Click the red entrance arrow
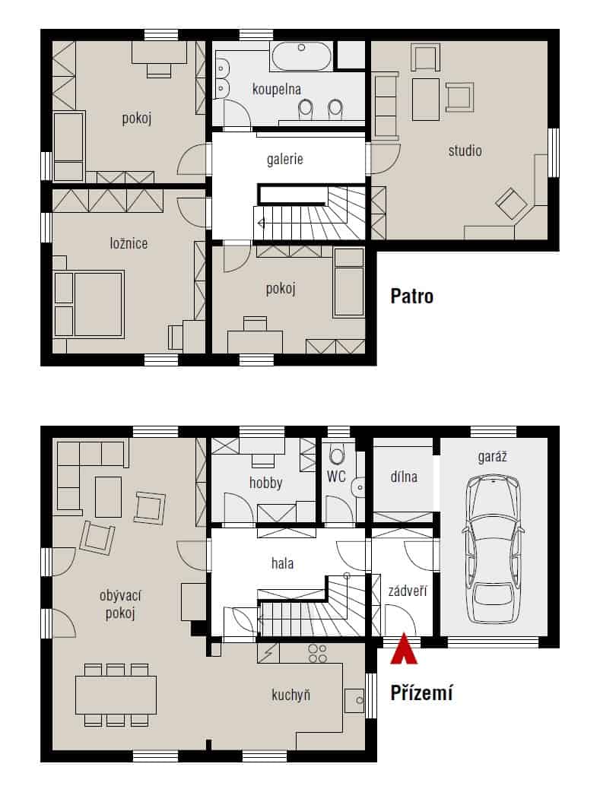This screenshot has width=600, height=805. coord(404,649)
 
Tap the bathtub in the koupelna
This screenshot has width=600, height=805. coord(302,56)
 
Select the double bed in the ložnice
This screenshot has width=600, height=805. coord(90,304)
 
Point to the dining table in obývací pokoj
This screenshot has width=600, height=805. coord(116,695)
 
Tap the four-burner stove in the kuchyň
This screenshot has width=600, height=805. coord(317,653)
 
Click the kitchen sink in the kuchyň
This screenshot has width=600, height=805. coord(354,700)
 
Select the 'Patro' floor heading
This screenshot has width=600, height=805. coord(412,296)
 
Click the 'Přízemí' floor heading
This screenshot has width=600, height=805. coord(422,693)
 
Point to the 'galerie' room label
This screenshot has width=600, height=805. coord(285,159)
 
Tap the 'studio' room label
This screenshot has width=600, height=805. coord(465,151)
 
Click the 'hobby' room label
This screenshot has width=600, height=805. coord(266,483)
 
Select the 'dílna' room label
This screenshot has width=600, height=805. coord(404,477)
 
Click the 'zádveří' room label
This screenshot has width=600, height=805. coord(408,591)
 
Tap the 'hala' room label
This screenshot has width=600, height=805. coord(283,563)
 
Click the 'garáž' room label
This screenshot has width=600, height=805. coord(493,456)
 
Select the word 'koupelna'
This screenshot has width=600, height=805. coord(276,90)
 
